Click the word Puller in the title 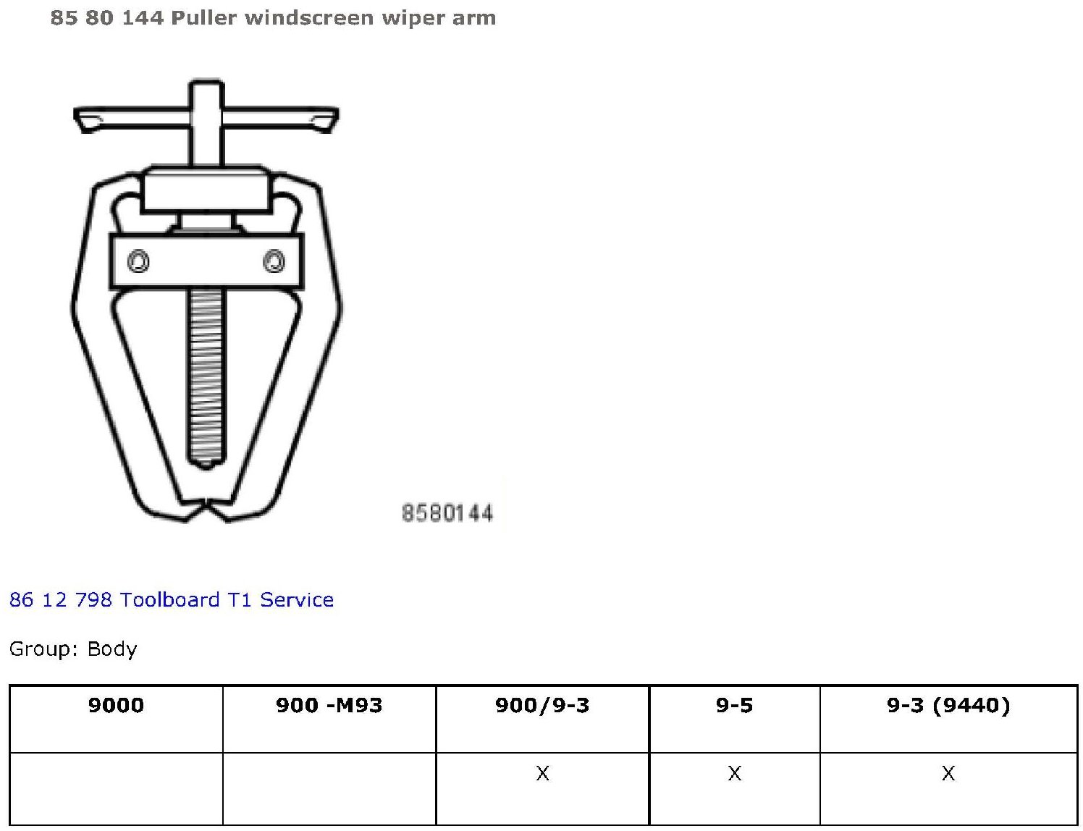pos(203,18)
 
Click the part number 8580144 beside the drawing pos(447,513)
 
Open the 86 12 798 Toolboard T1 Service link pos(172,600)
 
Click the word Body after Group pos(111,649)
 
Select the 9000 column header pos(116,705)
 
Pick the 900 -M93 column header pos(329,705)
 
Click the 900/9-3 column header pos(542,705)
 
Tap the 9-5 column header pos(734,705)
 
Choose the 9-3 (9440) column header pos(948,706)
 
